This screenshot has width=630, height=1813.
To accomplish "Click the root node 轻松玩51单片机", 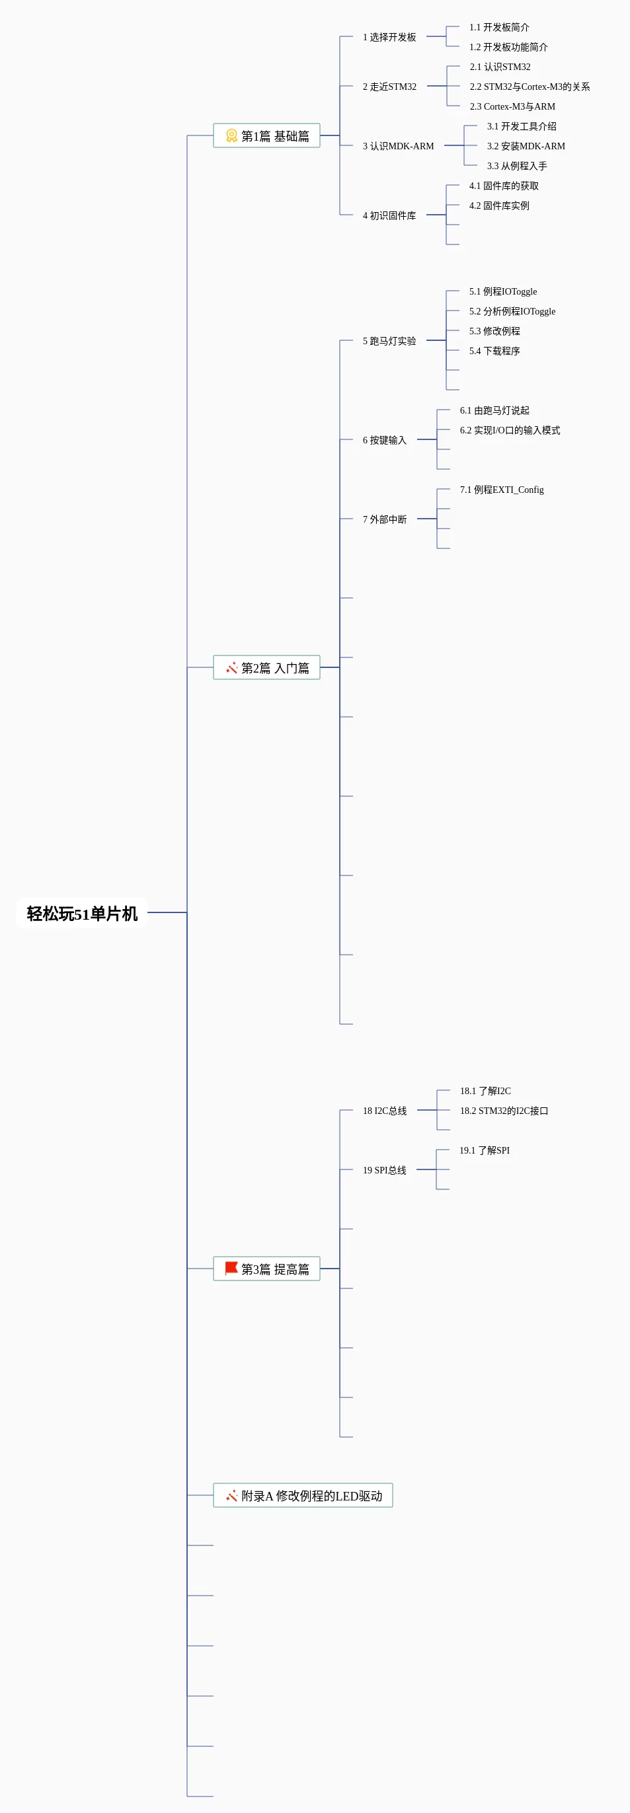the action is click(82, 913).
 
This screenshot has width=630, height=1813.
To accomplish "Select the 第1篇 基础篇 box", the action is click(267, 135).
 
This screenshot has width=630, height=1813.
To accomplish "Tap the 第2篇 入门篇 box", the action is click(267, 667).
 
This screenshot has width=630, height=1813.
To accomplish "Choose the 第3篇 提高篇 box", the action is click(267, 1269).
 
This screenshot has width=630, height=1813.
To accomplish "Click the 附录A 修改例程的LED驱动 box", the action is click(303, 1495).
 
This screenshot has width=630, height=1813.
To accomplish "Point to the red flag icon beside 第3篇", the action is click(231, 1269).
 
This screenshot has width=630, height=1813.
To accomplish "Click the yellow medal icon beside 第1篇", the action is click(231, 135).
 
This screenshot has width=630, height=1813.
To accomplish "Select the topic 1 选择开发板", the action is click(389, 36).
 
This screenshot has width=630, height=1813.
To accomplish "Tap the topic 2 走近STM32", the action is click(389, 87).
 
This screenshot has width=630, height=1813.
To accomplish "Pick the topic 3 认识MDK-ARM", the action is click(399, 145).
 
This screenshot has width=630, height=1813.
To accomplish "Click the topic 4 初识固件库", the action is click(389, 215).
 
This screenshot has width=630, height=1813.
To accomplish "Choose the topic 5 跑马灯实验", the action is click(389, 341).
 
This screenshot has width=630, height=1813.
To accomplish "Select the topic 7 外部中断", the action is click(384, 519).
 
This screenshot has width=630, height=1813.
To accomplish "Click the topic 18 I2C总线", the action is click(384, 1111).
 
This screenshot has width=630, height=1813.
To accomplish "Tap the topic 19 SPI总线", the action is click(384, 1169).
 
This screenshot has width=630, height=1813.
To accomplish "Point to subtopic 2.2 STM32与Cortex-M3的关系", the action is click(530, 87).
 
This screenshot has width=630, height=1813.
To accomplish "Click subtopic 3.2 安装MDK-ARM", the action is click(526, 145).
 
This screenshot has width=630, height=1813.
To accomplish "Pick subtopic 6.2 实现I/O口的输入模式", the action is click(510, 430).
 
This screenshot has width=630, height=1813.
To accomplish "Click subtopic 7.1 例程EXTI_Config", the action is click(502, 489).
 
